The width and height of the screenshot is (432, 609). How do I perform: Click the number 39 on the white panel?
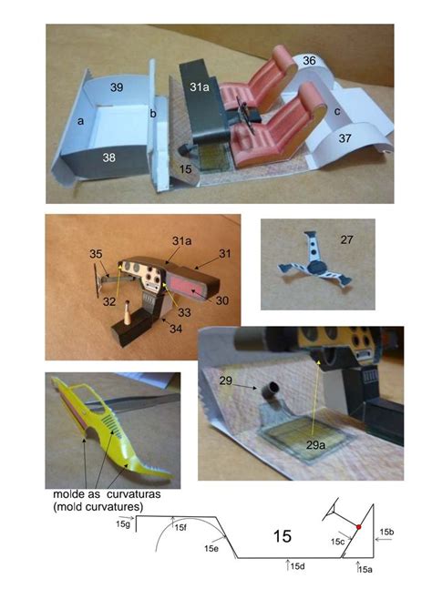click(x=117, y=87)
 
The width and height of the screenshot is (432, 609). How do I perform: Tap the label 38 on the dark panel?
click(x=108, y=157)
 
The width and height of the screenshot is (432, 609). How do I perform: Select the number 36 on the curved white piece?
click(x=309, y=60)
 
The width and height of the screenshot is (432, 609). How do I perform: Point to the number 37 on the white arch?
click(x=345, y=138)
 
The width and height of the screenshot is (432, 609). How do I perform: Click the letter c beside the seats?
click(x=337, y=111)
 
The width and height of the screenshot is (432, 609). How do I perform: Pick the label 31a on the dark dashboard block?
click(x=200, y=87)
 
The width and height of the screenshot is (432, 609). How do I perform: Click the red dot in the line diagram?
click(x=358, y=527)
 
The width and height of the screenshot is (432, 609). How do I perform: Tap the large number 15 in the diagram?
click(x=282, y=536)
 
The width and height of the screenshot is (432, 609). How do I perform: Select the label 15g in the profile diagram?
click(x=122, y=524)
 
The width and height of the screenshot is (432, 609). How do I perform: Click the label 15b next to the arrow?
click(x=386, y=533)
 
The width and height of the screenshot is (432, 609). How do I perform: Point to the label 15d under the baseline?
click(x=297, y=566)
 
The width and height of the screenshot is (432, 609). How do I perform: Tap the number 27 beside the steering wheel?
click(x=346, y=239)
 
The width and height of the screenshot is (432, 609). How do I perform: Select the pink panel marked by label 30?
click(x=186, y=286)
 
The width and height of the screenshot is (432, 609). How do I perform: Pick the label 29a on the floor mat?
click(x=315, y=445)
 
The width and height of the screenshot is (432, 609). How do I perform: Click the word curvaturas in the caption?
click(x=133, y=494)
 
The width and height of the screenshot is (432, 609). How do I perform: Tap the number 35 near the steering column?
click(x=96, y=254)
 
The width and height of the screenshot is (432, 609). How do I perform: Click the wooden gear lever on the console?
click(x=128, y=312)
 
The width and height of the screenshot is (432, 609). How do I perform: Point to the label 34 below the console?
click(x=176, y=329)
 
